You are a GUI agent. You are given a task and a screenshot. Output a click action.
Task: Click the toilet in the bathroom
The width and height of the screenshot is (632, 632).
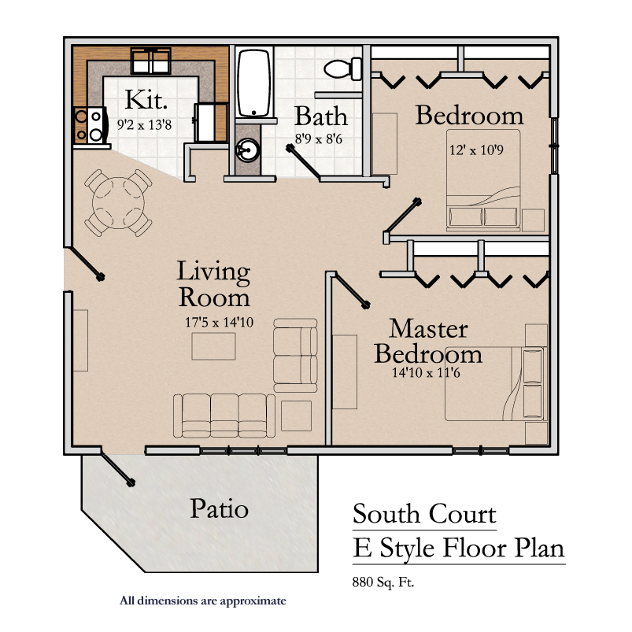[343, 69]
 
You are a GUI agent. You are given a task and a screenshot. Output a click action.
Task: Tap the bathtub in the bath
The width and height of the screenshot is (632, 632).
[254, 83]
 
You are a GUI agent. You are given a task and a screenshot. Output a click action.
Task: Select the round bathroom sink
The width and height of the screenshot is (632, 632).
[247, 151]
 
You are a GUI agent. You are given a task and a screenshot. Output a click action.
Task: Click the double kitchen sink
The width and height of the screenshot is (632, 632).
[151, 61]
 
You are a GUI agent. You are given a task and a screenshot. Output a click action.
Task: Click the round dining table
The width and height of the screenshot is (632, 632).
[118, 203]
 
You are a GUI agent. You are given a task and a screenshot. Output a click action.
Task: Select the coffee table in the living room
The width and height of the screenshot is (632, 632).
[213, 346]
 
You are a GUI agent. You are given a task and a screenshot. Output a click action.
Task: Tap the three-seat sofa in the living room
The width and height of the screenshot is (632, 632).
[224, 416]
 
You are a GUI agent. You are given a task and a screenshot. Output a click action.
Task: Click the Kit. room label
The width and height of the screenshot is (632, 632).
[146, 99]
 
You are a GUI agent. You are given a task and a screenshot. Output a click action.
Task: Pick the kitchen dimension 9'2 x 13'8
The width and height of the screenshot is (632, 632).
[144, 125]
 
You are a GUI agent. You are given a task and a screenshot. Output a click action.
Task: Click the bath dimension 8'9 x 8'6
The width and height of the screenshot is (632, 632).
[319, 139]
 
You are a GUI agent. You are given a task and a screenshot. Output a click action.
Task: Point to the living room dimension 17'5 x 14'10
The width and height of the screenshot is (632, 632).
[220, 322]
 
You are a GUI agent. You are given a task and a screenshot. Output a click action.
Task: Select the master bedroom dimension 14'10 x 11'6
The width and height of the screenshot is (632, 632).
[426, 372]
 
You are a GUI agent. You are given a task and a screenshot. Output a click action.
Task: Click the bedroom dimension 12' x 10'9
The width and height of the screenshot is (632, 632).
[476, 150]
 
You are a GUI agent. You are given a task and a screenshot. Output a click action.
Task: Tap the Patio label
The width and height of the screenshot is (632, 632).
[219, 508]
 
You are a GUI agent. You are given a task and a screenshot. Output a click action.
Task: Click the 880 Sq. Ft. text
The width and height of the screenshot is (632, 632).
[383, 582]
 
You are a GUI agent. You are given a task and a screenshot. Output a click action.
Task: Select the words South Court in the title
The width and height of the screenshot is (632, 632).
[424, 514]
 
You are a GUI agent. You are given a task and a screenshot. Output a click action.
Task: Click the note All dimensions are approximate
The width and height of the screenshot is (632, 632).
[203, 601]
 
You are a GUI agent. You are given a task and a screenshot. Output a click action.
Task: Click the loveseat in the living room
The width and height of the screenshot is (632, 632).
[295, 356]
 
